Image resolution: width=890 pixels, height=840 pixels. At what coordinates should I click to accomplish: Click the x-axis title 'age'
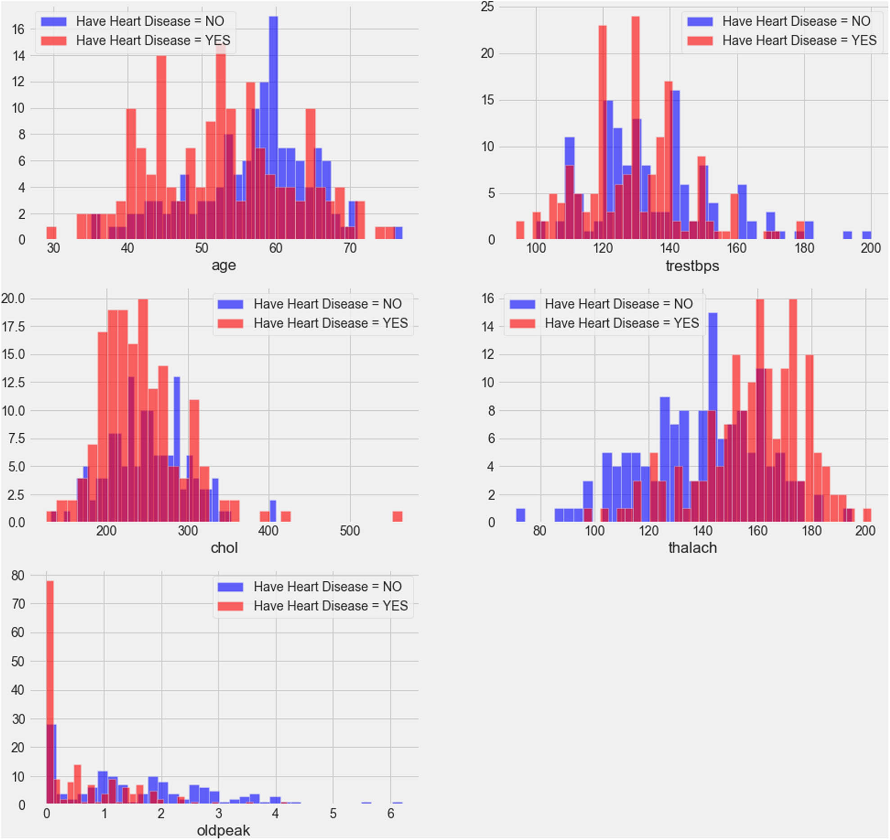point(224,265)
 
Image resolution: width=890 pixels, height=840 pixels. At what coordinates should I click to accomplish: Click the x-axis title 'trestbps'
point(692,266)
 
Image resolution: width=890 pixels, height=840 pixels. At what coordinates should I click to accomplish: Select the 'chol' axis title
point(224,548)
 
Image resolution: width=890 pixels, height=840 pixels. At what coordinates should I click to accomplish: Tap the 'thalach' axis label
point(692,548)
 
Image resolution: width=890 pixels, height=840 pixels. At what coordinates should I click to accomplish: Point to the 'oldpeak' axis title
point(223,831)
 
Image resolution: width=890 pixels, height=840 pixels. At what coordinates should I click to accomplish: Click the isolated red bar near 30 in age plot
point(51,233)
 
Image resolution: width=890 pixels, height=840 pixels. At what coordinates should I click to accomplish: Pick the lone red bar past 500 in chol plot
point(397,517)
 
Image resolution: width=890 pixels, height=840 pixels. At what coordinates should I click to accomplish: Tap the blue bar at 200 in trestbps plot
point(867,235)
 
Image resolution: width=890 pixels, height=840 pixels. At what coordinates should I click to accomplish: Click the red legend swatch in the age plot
point(54,41)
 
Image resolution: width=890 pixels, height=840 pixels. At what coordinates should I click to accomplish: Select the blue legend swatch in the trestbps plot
point(700,22)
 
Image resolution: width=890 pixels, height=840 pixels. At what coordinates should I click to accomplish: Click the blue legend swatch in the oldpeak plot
point(230,587)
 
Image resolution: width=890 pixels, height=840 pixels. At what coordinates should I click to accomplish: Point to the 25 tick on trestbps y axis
point(487,7)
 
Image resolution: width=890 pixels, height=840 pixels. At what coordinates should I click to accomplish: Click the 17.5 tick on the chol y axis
point(14,327)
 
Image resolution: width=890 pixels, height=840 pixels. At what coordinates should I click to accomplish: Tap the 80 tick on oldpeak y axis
point(18,575)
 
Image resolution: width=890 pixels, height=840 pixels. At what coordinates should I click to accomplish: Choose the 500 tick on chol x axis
point(350,531)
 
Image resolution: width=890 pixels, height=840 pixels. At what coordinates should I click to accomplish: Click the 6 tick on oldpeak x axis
point(390,813)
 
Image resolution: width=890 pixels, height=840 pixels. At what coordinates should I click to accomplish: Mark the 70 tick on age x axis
point(350,248)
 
